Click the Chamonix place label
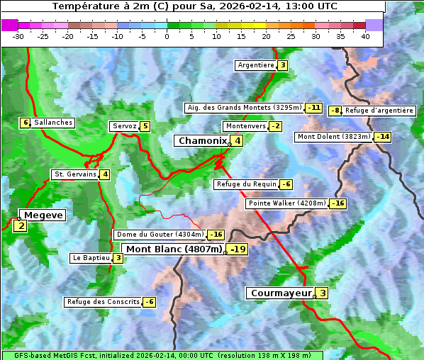202,141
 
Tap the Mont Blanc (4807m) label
174,249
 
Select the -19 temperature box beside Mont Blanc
238,249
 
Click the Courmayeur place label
281,293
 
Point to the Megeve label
43,215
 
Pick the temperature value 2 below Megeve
20,227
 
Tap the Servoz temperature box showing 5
145,126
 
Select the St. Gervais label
75,174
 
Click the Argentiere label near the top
256,65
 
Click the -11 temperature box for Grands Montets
314,108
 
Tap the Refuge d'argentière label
379,111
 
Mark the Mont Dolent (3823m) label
334,137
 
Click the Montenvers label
245,126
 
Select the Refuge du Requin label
246,184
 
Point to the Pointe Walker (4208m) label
286,203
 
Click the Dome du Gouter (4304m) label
160,235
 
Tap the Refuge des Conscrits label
104,302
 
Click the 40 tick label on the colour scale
365,36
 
